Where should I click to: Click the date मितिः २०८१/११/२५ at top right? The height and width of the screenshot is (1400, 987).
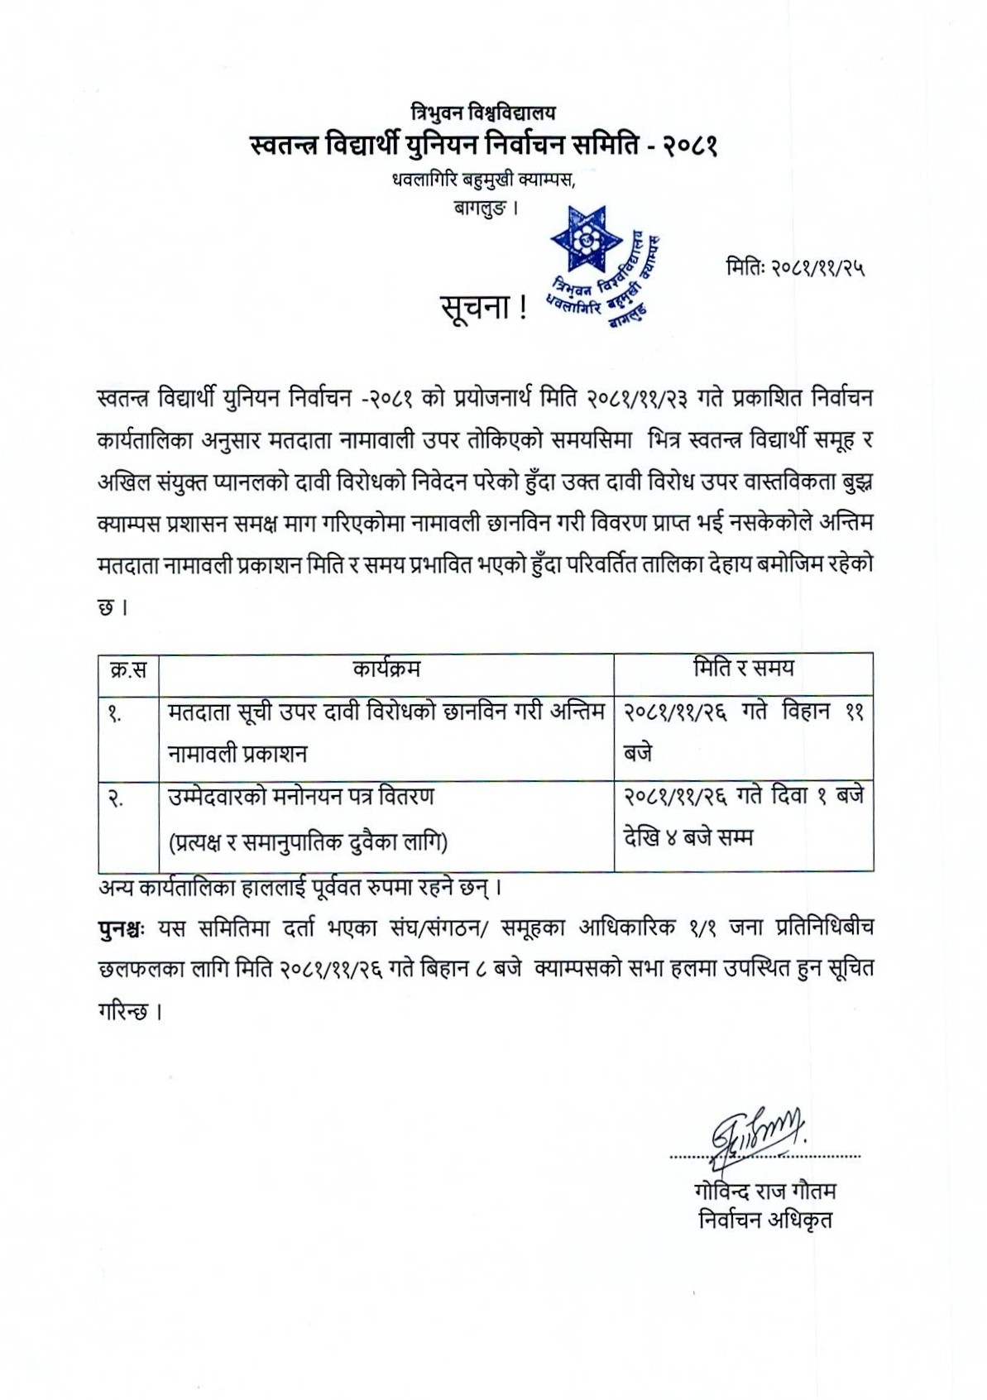794,267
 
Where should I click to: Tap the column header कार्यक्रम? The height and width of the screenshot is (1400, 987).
386,668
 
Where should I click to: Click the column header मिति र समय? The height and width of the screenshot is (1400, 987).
743,667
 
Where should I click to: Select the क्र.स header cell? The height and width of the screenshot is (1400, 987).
128,669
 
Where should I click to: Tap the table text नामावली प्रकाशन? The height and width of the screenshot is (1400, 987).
237,755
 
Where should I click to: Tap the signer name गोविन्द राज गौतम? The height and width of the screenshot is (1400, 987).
766,1191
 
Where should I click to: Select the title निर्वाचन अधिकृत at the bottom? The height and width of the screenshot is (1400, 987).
765,1220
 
